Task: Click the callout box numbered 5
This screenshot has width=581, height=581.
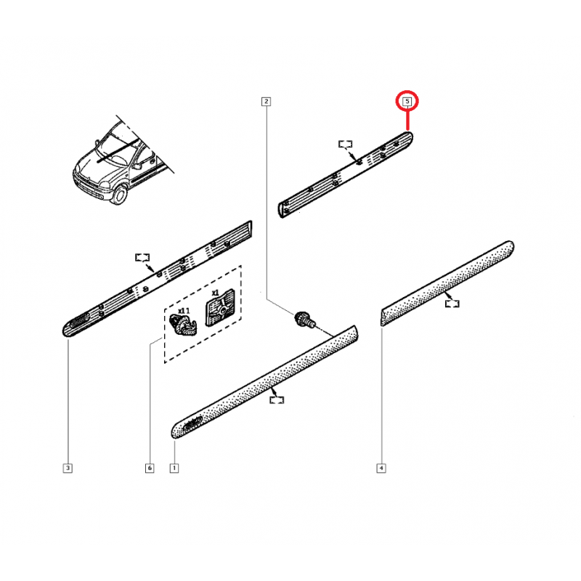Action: pyautogui.click(x=407, y=101)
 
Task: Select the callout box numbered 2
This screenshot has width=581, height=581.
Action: pyautogui.click(x=266, y=101)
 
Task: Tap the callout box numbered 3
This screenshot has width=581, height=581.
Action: pyautogui.click(x=68, y=468)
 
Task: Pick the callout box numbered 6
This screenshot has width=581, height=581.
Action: pyautogui.click(x=150, y=468)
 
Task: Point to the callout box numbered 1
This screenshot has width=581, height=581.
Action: pyautogui.click(x=174, y=468)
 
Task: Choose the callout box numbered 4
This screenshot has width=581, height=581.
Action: pyautogui.click(x=381, y=468)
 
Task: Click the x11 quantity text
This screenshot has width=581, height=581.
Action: pyautogui.click(x=184, y=311)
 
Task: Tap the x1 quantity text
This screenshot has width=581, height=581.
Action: pyautogui.click(x=215, y=293)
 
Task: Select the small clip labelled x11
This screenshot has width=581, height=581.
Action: pyautogui.click(x=183, y=325)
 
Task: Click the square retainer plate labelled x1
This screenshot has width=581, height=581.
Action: pyautogui.click(x=220, y=308)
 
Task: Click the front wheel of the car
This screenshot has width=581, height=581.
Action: pyautogui.click(x=119, y=195)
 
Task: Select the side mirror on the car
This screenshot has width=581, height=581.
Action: pyautogui.click(x=137, y=166)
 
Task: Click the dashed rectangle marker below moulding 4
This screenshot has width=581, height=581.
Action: pyautogui.click(x=452, y=304)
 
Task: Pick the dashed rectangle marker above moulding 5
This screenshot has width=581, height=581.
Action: pyautogui.click(x=346, y=144)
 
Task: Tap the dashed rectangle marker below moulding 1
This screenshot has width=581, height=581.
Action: pyautogui.click(x=277, y=400)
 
